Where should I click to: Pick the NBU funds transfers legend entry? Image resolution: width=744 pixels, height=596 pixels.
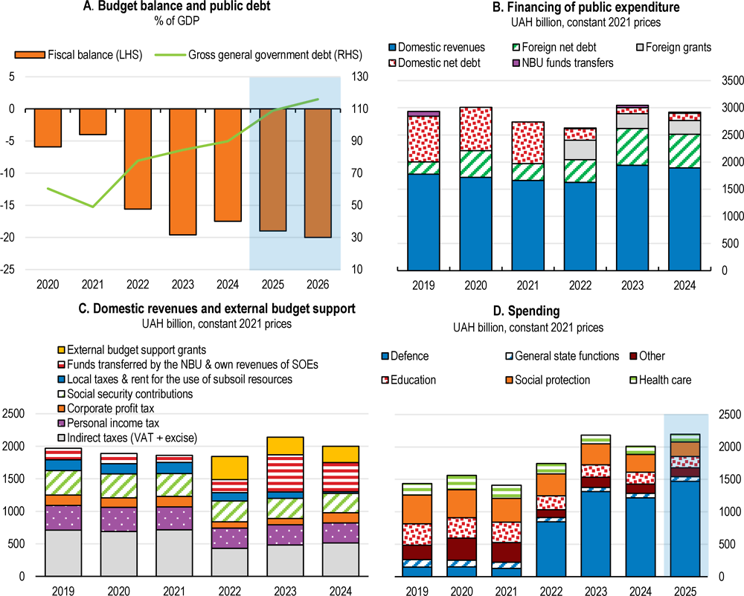click(x=563, y=63)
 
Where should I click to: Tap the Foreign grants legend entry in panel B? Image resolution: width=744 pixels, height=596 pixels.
click(x=676, y=48)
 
